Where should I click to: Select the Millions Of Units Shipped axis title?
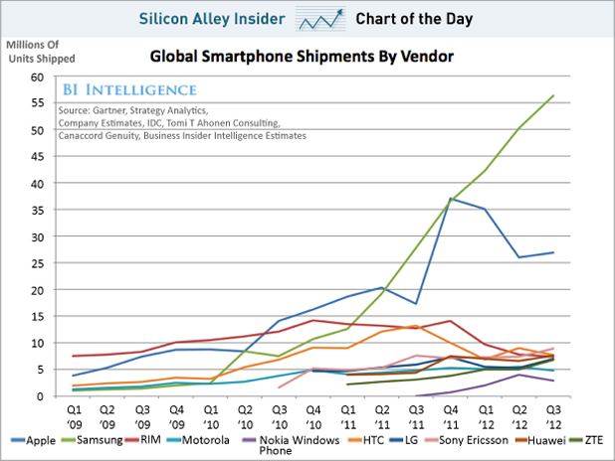[42, 51]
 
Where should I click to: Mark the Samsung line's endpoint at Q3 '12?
[553, 95]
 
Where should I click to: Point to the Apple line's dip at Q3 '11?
[414, 303]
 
